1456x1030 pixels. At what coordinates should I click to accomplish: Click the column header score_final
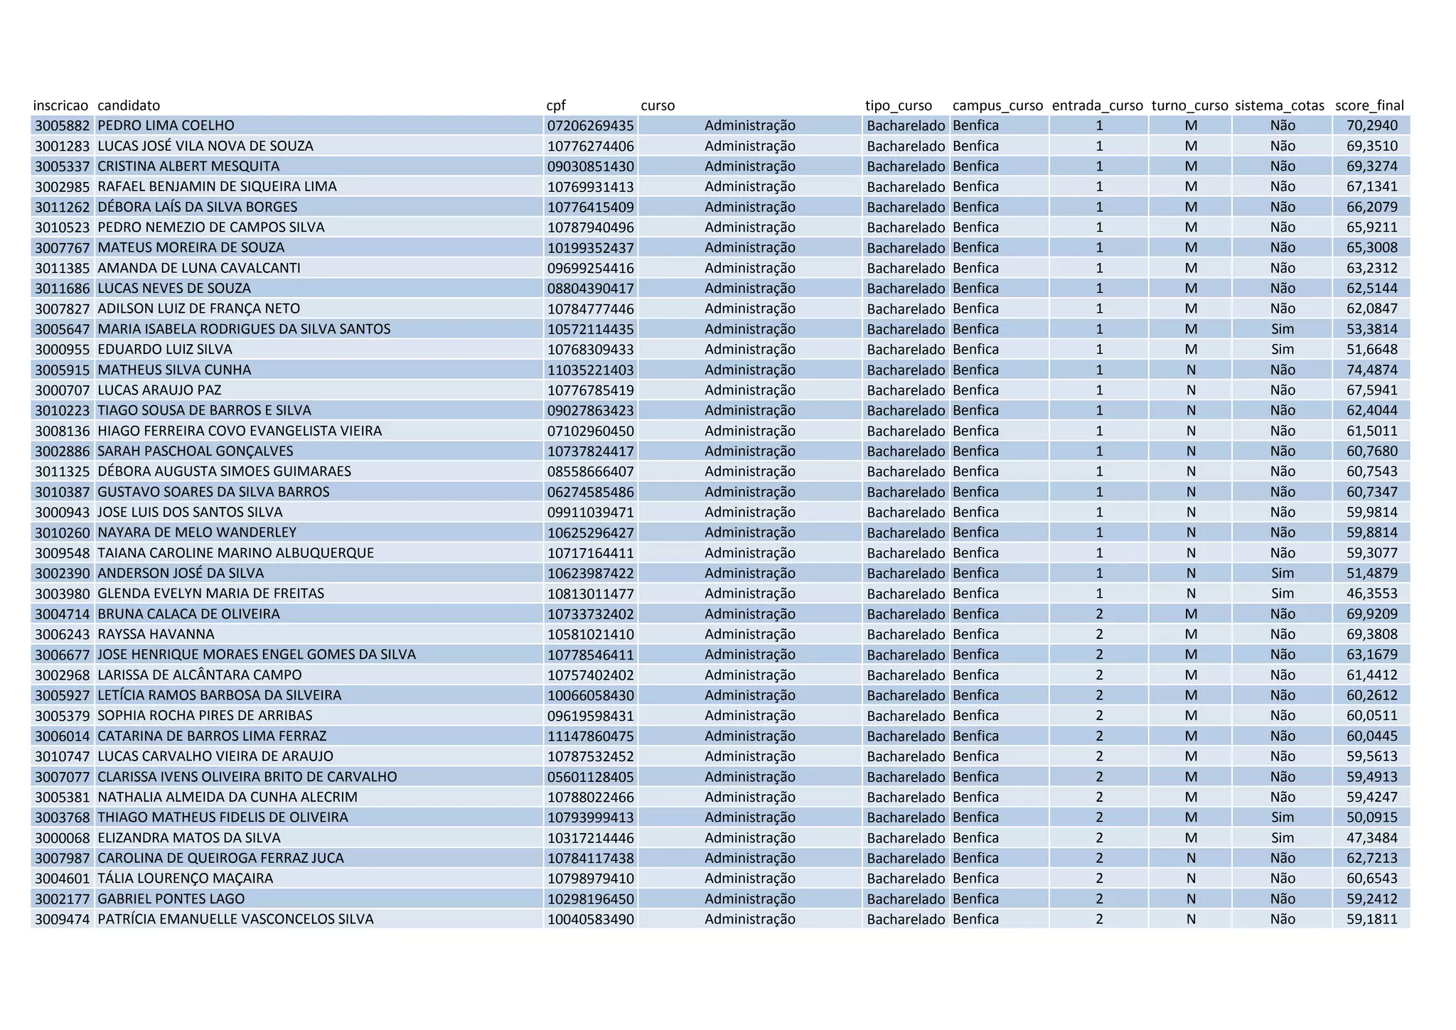1369,106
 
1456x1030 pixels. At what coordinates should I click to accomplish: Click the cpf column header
556,106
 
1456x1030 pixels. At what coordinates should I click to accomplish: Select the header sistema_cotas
1280,106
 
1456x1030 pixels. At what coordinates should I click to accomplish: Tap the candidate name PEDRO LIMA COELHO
166,126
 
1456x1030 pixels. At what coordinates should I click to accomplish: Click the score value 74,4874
1371,370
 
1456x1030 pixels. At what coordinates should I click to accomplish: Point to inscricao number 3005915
63,370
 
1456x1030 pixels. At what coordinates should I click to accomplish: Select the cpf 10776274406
590,146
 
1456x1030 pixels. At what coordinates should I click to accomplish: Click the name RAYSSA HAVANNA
156,634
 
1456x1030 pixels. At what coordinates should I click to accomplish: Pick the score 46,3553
1371,594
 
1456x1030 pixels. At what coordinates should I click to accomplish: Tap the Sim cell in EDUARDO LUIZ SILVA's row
1283,350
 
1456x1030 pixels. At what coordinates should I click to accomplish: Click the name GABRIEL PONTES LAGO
171,898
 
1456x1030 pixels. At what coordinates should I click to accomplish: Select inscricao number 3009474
63,919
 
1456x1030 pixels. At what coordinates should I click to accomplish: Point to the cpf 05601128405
590,777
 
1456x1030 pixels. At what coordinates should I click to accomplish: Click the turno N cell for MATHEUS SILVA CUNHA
1191,370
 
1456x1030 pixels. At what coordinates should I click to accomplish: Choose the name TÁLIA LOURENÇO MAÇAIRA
185,879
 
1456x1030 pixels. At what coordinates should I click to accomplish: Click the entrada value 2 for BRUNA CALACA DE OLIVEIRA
1099,614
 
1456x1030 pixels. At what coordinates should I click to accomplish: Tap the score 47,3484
1371,838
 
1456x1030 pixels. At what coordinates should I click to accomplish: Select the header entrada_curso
1097,106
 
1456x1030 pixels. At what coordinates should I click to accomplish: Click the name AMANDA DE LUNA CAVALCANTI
199,268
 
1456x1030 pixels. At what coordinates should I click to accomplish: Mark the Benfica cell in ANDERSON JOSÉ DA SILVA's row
975,574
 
